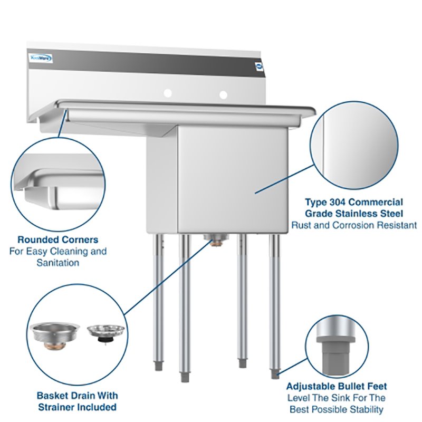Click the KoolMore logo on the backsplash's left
coord(41,59)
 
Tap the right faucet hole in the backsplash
coord(223,95)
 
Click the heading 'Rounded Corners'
coord(57,239)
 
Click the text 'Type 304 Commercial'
coord(354,202)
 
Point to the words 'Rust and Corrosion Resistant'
coord(354,225)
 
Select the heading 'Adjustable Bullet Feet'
coord(336,387)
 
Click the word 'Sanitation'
coord(57,263)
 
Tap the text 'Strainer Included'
coord(77,407)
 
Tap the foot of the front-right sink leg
coord(275,374)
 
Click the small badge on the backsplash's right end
coord(258,66)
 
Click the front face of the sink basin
coord(232,179)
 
